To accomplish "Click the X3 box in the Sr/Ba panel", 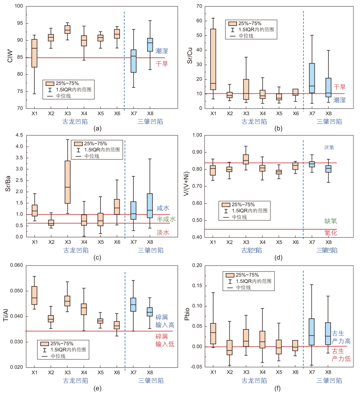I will (x=67, y=182).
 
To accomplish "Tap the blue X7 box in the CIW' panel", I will (x=134, y=61).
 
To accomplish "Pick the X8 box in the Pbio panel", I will (x=328, y=334).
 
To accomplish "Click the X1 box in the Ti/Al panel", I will (x=34, y=295).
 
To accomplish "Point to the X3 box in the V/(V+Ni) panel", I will (x=246, y=159).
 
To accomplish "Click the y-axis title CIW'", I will (x=10, y=56).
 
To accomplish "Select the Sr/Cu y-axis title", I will (x=190, y=55).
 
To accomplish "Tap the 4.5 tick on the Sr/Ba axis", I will (x=19, y=135).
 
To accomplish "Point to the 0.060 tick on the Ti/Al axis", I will (x=16, y=265).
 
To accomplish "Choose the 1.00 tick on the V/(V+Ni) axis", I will (x=197, y=135).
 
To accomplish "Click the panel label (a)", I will (x=97, y=129).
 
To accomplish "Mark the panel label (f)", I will (x=278, y=388).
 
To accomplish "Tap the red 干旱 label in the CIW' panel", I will (x=162, y=64).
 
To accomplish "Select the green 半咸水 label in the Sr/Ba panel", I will (x=166, y=219).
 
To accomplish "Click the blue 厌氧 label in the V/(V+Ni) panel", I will (x=329, y=148).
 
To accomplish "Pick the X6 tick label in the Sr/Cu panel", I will (x=296, y=114).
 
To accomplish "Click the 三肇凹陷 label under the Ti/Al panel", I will (x=151, y=381).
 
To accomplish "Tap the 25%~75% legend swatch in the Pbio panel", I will (x=230, y=275).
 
